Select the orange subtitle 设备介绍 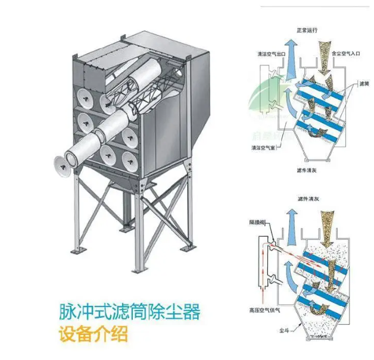[x=93, y=334]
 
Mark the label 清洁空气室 [x=264, y=146]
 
